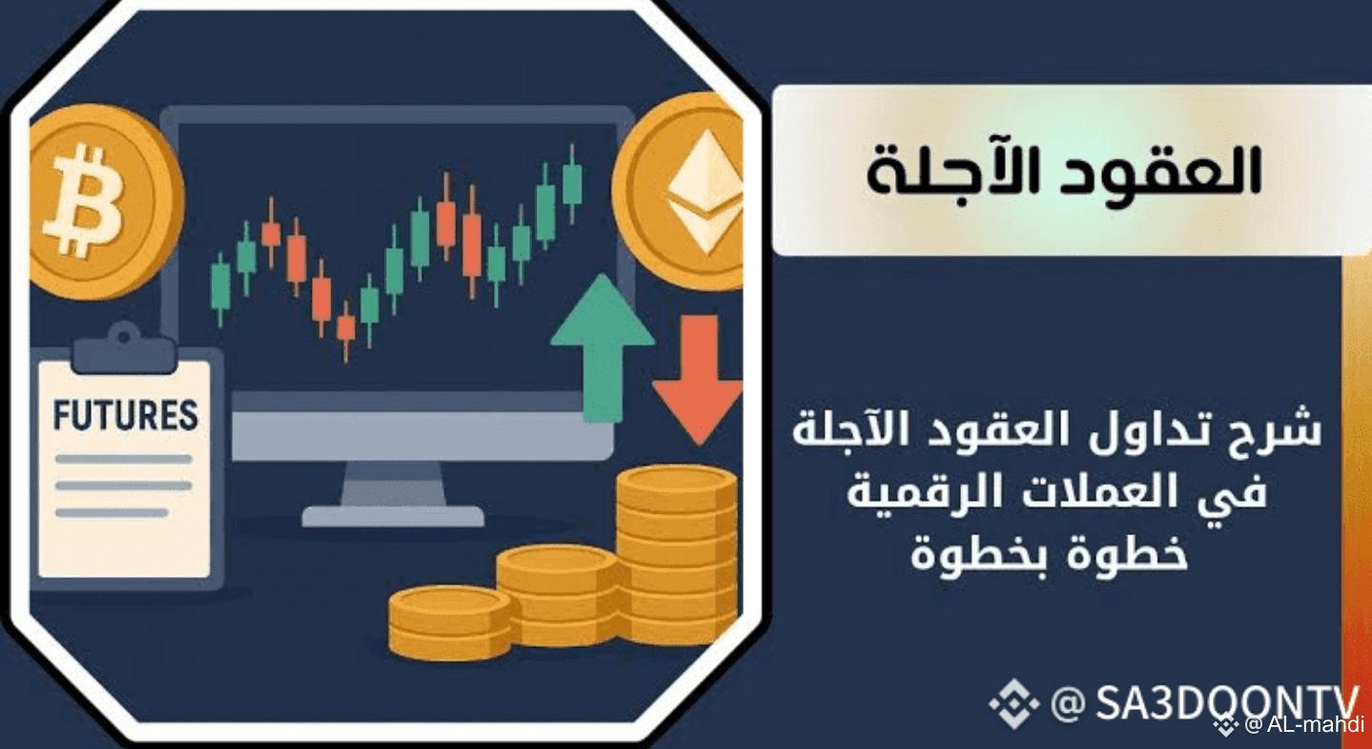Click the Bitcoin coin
pyautogui.click(x=105, y=202)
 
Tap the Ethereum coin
pyautogui.click(x=680, y=191)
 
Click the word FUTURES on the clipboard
pyautogui.click(x=126, y=416)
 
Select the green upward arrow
pyautogui.click(x=603, y=348)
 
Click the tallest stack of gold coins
pyautogui.click(x=676, y=554)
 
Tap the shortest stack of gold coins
pyautogui.click(x=450, y=621)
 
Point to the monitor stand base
pyautogui.click(x=393, y=516)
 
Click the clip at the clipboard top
pyautogui.click(x=124, y=350)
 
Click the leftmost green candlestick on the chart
pyautogui.click(x=220, y=288)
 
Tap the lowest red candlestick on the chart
pyautogui.click(x=346, y=330)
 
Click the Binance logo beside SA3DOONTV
pyautogui.click(x=1014, y=703)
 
